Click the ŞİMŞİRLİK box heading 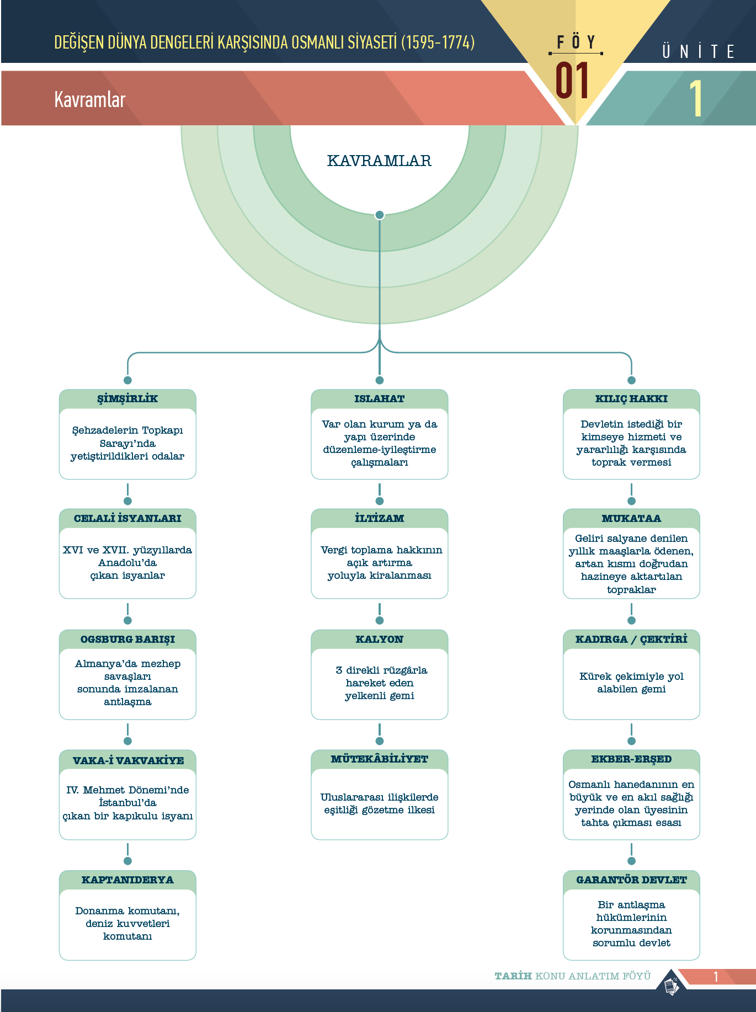(127, 398)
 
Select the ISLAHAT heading (380, 398)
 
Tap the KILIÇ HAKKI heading (631, 398)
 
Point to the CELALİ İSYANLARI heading (127, 518)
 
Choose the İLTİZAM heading (380, 518)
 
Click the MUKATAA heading (631, 518)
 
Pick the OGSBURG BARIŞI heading (127, 639)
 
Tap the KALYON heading (380, 639)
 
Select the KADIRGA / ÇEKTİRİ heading (631, 639)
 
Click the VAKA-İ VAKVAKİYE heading (128, 760)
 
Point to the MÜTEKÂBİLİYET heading (380, 759)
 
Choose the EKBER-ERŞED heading (631, 759)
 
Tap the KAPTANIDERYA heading (127, 880)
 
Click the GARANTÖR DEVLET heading (631, 880)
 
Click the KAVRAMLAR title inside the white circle (379, 161)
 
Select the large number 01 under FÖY (572, 81)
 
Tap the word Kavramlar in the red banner (90, 99)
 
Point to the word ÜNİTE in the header (699, 51)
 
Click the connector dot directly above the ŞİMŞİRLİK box (127, 380)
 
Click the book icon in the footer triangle (671, 986)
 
